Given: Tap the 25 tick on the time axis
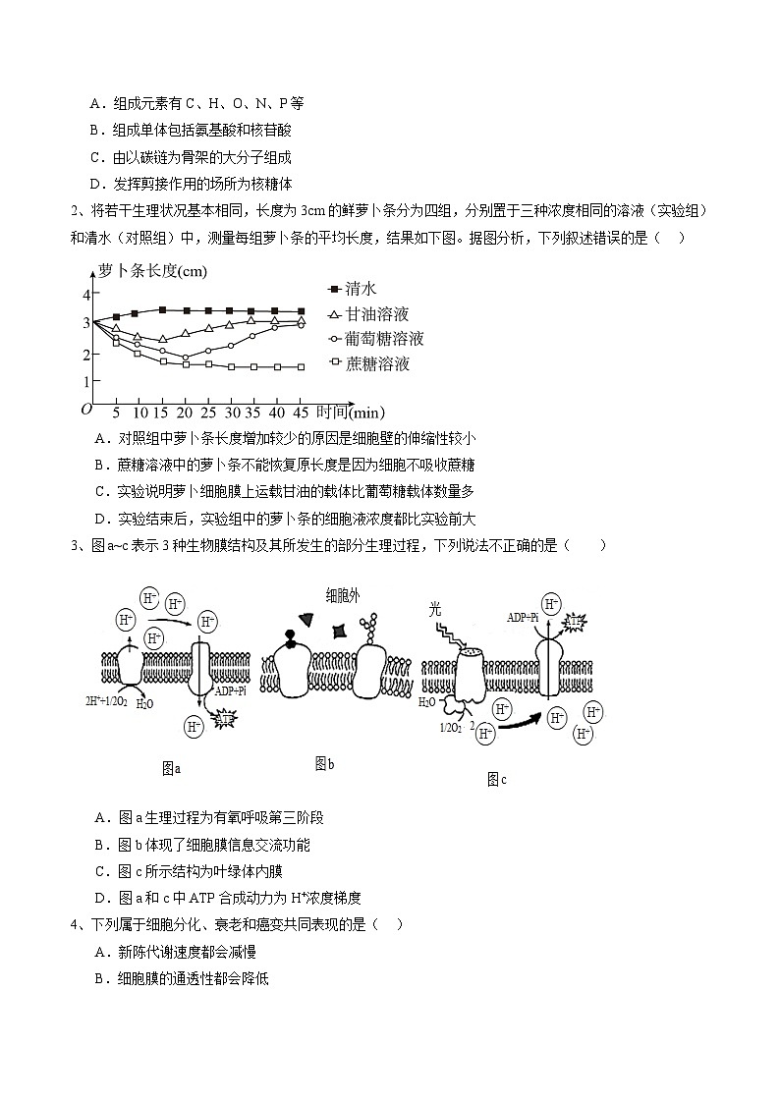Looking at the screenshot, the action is click(208, 412).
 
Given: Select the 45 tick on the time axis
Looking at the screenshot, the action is click(301, 412).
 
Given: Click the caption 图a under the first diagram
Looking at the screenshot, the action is click(171, 768).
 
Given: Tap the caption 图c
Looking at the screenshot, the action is click(496, 780).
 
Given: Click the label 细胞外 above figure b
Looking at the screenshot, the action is click(344, 594).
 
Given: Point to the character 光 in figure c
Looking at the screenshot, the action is click(436, 609).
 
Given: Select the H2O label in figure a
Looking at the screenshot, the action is click(144, 703).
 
